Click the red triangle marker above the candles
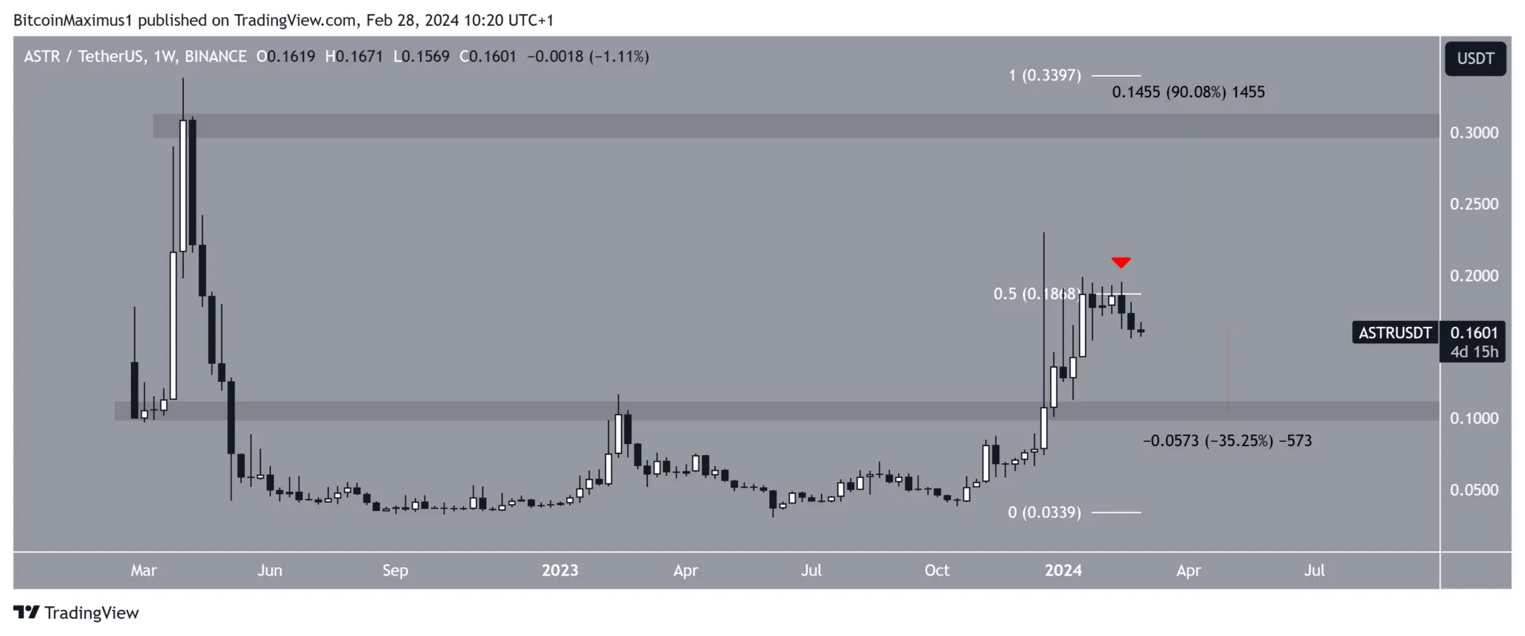tap(1121, 262)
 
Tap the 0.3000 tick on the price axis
tap(1474, 133)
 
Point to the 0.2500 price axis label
tap(1474, 204)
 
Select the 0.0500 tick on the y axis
tap(1474, 490)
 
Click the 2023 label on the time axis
tap(559, 570)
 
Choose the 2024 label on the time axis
tap(1063, 570)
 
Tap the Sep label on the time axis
tap(395, 570)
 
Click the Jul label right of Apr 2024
tap(1314, 570)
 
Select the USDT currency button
tap(1475, 59)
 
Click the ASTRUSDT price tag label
tap(1395, 333)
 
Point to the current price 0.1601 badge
tap(1473, 333)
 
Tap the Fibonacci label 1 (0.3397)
tap(1044, 75)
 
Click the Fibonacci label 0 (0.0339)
tap(1044, 512)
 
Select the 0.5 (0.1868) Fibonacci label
tap(1035, 294)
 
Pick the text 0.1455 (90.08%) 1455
tap(1188, 92)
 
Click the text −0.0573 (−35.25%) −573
tap(1227, 441)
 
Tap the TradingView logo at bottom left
tap(76, 613)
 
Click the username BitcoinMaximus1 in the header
tap(73, 20)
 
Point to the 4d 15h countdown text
tap(1474, 352)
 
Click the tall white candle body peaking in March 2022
tap(183, 185)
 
